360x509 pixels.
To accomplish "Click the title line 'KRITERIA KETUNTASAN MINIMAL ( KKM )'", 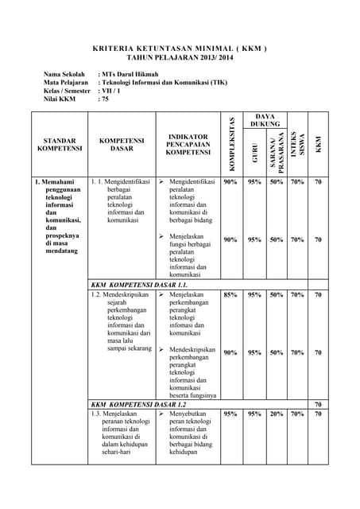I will coord(180,49).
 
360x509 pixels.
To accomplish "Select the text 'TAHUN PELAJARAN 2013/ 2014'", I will coord(180,58).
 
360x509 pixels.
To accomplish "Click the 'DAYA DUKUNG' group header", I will coord(265,120).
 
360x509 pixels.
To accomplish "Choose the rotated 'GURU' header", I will coord(254,153).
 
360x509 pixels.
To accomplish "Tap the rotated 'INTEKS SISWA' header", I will coord(297,148).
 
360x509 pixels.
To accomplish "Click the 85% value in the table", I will coord(230,295).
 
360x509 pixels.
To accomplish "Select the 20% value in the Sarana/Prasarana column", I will coord(277,414).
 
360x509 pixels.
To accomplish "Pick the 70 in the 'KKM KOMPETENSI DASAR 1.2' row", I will coord(318,404).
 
